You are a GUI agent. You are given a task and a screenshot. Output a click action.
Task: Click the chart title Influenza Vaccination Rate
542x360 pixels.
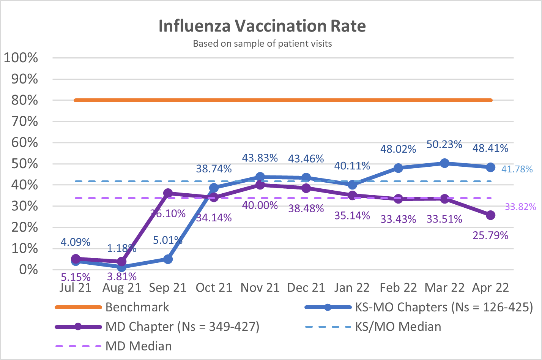click(262, 26)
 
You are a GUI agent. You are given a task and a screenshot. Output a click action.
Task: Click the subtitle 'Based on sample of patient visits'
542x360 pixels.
click(262, 44)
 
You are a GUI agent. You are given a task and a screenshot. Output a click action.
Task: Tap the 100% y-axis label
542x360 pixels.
click(21, 58)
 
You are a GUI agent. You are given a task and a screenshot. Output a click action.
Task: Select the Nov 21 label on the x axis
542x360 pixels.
click(260, 288)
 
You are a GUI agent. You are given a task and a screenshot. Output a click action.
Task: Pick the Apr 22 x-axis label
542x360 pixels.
click(490, 288)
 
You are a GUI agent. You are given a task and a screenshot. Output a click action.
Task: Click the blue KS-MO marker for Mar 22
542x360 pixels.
click(444, 163)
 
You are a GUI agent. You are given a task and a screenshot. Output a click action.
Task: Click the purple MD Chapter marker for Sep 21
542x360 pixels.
click(168, 193)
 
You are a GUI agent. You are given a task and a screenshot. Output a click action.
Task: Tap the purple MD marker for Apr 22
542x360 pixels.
click(490, 215)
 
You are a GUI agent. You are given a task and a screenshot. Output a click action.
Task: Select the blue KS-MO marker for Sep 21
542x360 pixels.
click(168, 259)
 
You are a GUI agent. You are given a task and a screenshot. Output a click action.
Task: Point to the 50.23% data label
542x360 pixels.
click(444, 145)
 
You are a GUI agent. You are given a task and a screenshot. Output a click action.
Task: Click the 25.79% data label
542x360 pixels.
click(490, 235)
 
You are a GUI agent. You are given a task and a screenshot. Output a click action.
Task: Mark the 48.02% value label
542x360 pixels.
click(398, 149)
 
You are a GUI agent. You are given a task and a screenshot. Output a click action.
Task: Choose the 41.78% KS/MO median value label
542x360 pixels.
click(517, 169)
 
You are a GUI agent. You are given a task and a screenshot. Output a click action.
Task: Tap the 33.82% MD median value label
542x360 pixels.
click(520, 207)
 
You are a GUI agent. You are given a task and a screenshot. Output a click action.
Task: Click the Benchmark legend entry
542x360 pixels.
click(137, 307)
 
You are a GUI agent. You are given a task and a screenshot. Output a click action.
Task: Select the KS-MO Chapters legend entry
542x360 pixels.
click(444, 307)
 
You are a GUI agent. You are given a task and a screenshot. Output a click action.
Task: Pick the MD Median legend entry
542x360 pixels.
click(139, 346)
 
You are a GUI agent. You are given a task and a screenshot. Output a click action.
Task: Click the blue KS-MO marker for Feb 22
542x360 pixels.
click(398, 168)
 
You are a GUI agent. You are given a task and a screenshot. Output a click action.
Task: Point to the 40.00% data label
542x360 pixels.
click(260, 205)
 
